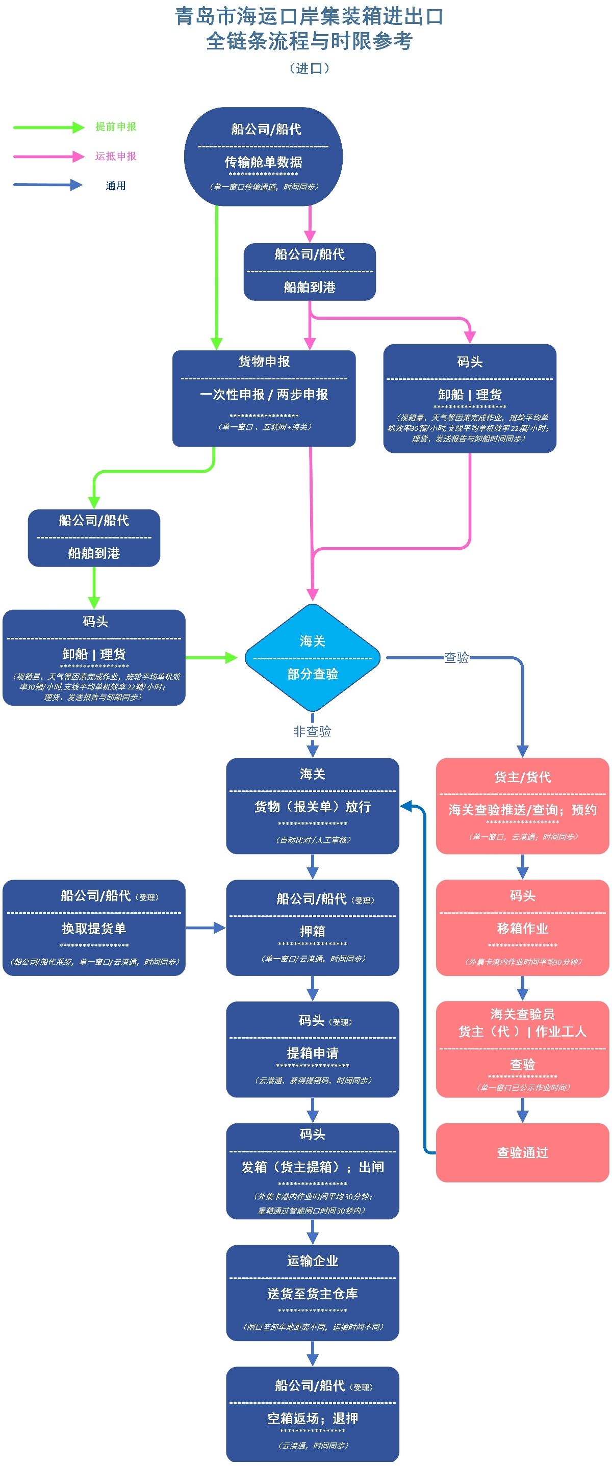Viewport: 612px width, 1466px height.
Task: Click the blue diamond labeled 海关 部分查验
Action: [312, 657]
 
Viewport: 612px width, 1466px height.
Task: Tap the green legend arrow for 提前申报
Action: [48, 127]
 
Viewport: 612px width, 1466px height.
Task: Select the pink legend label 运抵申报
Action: [116, 156]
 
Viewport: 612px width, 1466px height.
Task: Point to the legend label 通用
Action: [116, 186]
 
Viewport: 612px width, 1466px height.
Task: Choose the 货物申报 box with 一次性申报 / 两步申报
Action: [264, 398]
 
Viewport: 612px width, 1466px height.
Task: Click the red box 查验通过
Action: [522, 1152]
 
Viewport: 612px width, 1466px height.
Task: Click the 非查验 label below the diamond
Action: [312, 731]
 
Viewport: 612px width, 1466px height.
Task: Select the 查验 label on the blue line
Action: [456, 657]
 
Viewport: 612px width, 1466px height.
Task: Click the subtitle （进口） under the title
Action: [309, 68]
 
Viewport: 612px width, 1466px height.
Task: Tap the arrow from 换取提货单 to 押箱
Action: [206, 928]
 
